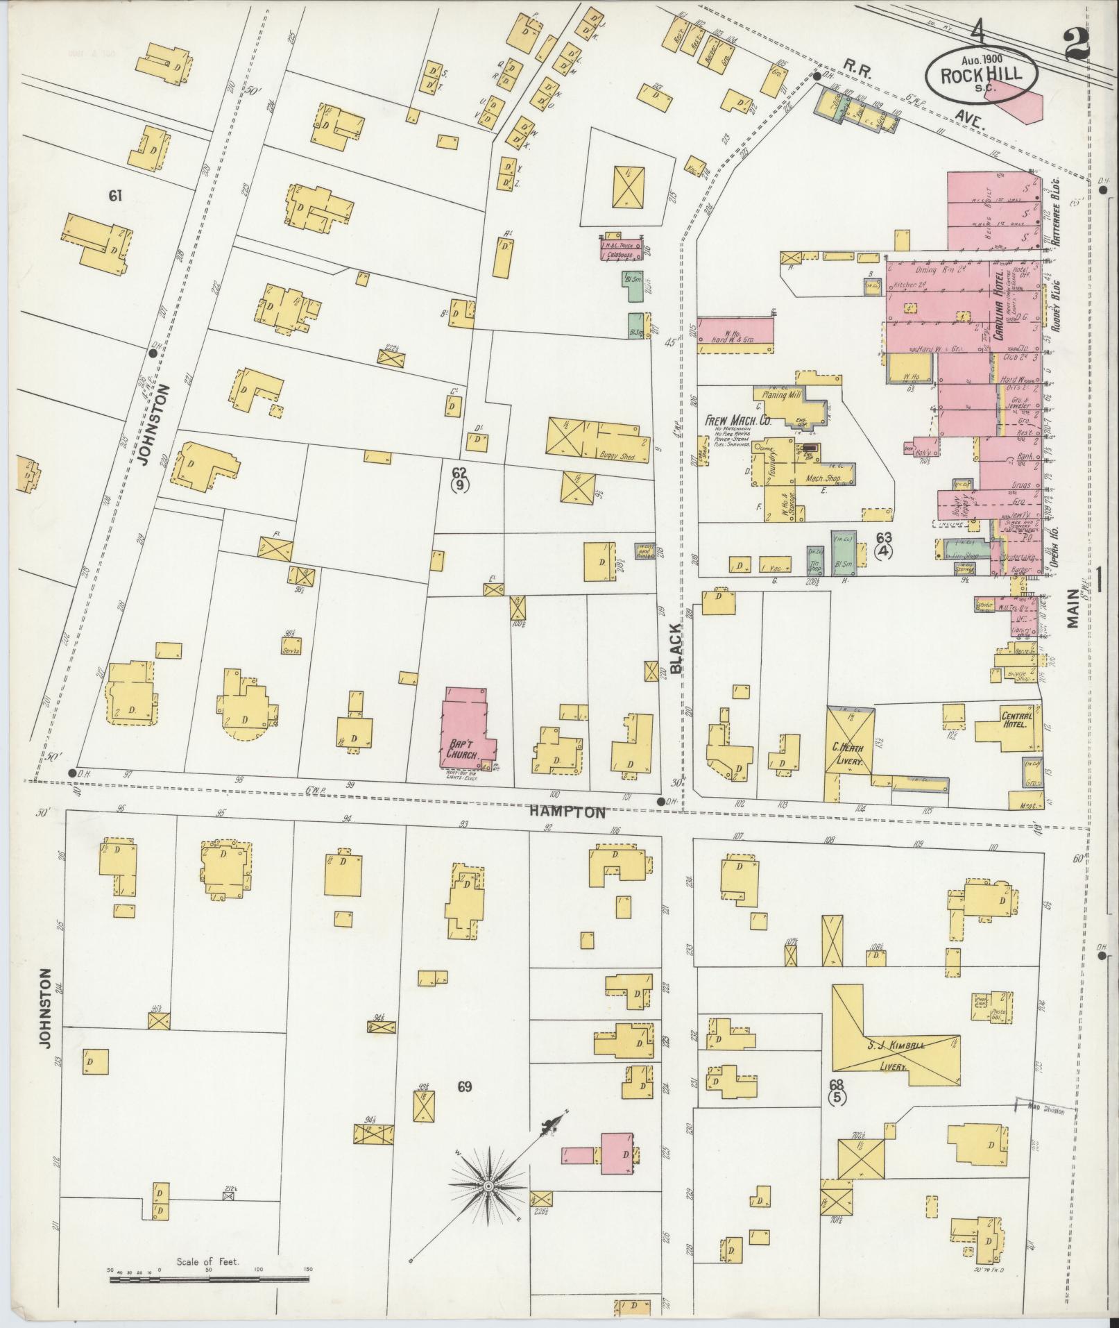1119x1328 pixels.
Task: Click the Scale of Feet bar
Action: (208, 1278)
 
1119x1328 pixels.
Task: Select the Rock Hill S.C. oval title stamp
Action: (982, 74)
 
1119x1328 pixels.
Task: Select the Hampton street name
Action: (567, 812)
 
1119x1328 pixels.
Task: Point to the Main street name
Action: (1075, 608)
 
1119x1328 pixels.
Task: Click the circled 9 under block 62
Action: (459, 486)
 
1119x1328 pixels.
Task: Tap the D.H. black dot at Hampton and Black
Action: (660, 801)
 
